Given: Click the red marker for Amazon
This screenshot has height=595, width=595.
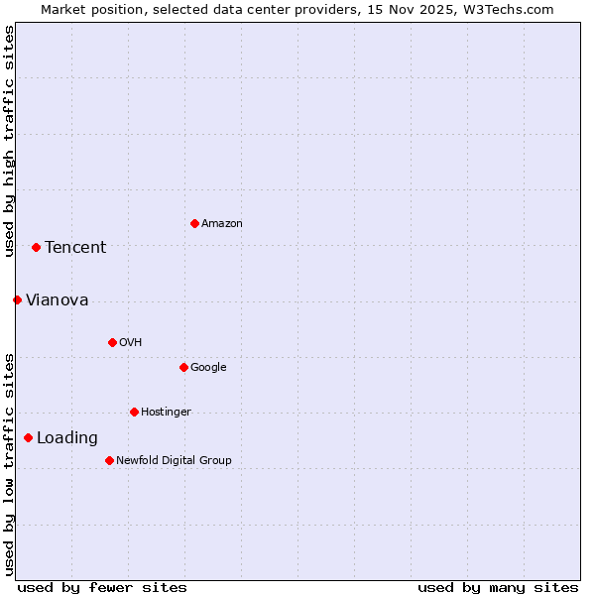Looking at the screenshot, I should [x=194, y=223].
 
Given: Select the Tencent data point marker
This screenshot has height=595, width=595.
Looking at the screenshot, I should [x=36, y=247].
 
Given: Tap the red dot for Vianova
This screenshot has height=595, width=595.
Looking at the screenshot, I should [x=17, y=299].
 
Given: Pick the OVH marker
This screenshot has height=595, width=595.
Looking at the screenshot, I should [x=112, y=342].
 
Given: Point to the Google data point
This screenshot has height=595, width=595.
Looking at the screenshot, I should [x=183, y=367].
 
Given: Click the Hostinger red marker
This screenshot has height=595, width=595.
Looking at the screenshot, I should [x=134, y=412].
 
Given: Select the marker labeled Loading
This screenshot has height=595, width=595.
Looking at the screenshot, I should [x=28, y=437].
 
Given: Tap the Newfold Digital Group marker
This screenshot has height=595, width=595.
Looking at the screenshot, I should [x=109, y=460].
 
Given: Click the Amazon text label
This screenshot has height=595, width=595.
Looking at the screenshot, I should [x=222, y=224].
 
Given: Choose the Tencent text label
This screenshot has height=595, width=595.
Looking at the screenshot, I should [x=75, y=248].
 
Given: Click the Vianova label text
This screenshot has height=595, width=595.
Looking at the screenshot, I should [x=58, y=300].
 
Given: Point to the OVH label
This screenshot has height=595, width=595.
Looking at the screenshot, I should [x=131, y=343].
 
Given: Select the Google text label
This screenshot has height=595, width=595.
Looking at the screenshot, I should [x=208, y=368].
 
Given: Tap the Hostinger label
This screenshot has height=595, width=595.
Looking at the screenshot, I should [x=166, y=413].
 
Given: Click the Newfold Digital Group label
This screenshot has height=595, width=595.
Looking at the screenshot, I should [x=174, y=461].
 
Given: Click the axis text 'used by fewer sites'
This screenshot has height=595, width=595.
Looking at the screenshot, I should [x=102, y=587].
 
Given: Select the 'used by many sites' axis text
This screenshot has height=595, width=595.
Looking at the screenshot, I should [x=498, y=587].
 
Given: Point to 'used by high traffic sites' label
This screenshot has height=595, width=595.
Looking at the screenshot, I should [x=10, y=141].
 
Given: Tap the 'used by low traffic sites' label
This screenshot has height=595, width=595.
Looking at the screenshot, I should [x=10, y=464].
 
